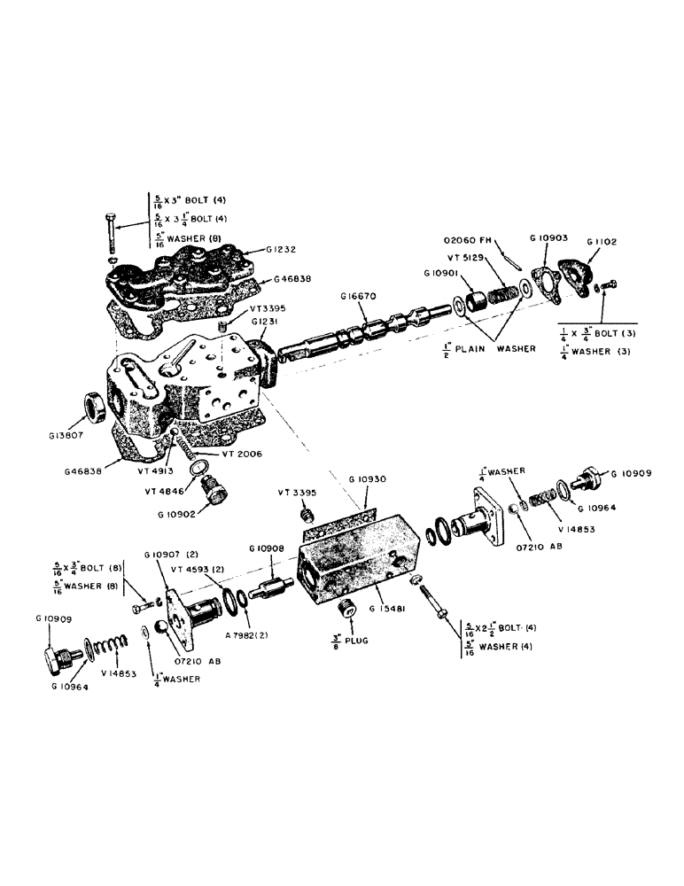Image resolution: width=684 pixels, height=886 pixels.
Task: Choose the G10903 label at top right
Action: pyautogui.click(x=548, y=239)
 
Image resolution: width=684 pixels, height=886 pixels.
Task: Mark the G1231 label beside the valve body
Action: pyautogui.click(x=266, y=323)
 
